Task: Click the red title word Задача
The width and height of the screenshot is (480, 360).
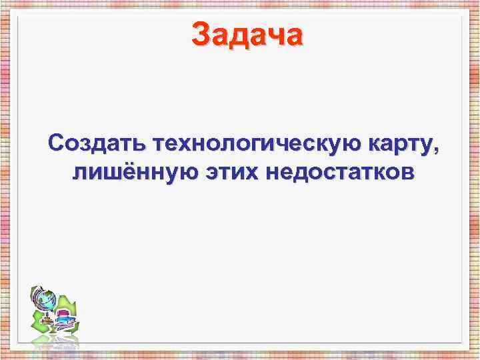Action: (x=247, y=34)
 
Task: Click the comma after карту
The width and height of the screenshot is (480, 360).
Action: (x=437, y=149)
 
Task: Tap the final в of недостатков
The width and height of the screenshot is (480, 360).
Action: (x=407, y=173)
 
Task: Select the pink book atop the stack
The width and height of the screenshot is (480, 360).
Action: (x=64, y=313)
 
